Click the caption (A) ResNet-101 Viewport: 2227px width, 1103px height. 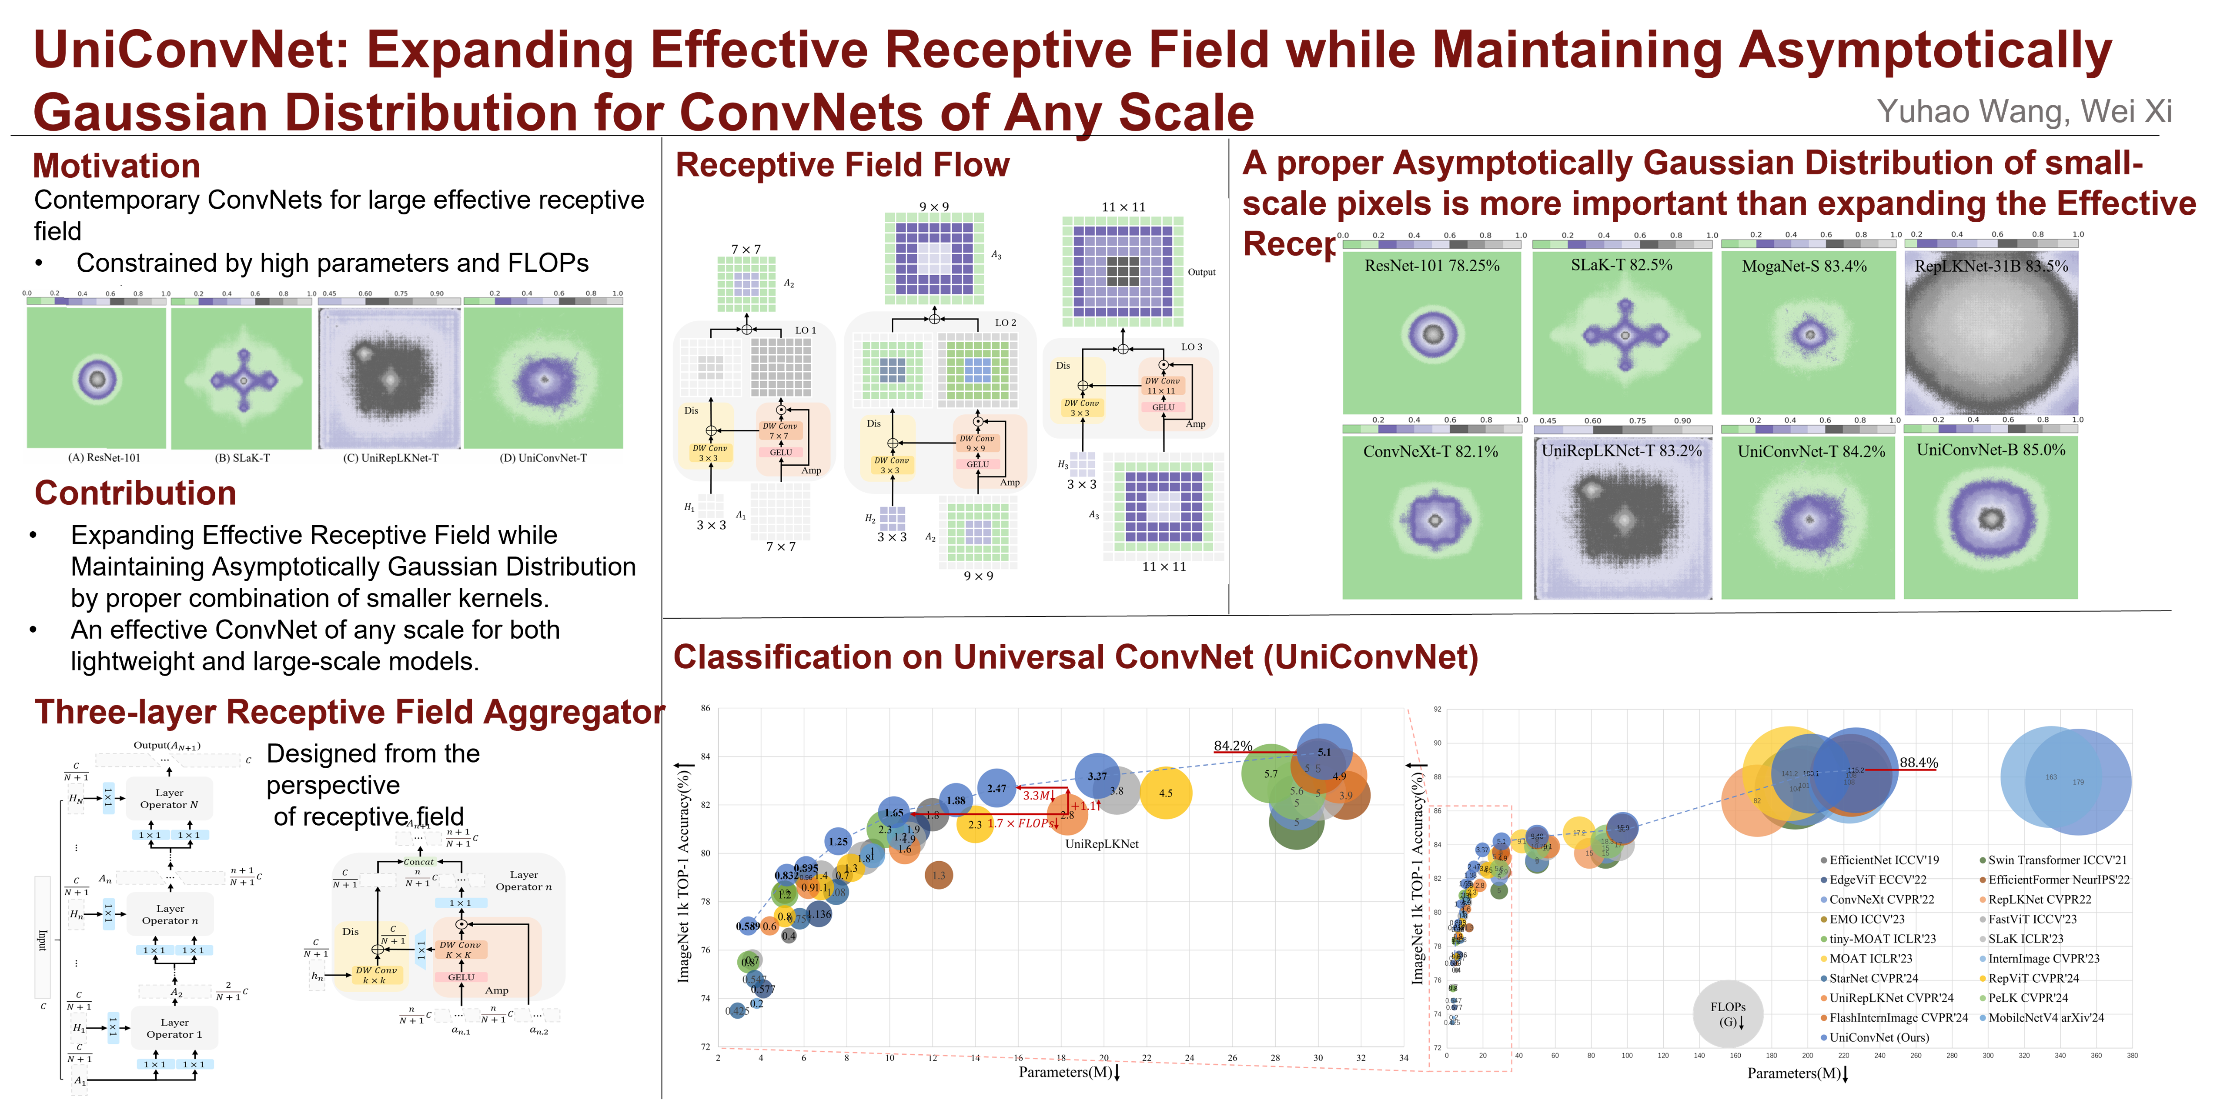tap(104, 457)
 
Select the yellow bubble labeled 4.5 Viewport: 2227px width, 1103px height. tap(1165, 793)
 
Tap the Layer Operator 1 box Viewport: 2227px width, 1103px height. tap(174, 1028)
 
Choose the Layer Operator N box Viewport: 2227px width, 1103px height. tap(170, 798)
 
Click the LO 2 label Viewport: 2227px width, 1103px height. tap(1006, 323)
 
